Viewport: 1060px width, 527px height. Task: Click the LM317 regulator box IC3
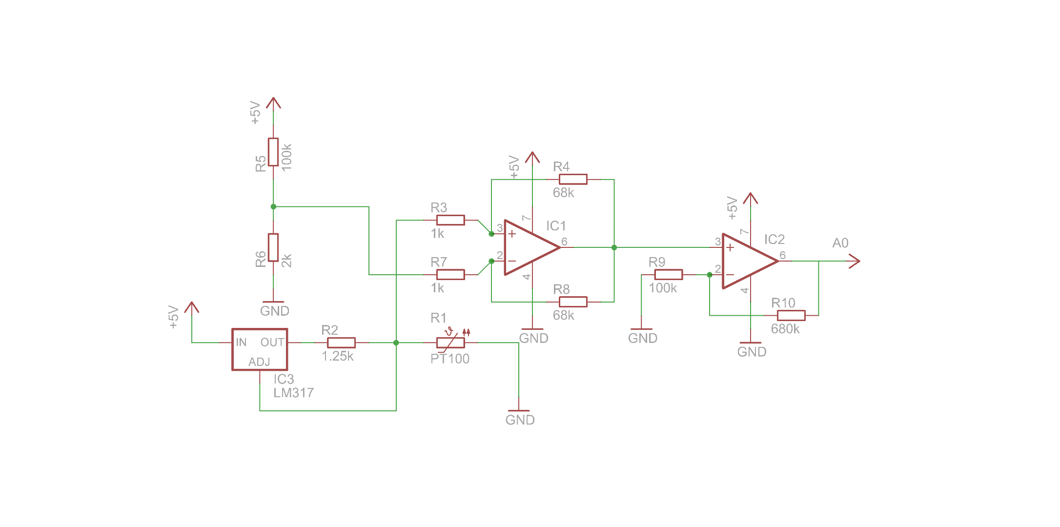click(259, 349)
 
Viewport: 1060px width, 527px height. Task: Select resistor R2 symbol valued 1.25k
click(341, 343)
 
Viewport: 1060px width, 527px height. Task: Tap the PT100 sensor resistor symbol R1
click(450, 343)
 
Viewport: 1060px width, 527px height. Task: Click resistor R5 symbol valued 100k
click(273, 152)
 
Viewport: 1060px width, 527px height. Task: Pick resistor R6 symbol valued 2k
click(273, 247)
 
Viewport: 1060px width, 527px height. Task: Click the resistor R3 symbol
click(450, 220)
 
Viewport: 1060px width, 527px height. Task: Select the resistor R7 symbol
click(450, 275)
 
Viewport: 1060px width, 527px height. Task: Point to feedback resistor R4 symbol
click(573, 179)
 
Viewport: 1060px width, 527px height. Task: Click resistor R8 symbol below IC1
click(573, 302)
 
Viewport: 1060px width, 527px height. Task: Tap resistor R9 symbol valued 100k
click(668, 275)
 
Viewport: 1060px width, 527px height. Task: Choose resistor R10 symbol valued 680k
click(791, 315)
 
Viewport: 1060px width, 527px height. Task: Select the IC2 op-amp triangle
click(746, 261)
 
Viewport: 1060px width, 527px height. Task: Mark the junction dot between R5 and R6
click(273, 207)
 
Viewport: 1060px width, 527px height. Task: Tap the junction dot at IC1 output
click(614, 247)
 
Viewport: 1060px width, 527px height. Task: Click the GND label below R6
click(274, 311)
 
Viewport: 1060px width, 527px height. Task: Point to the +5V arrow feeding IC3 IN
click(192, 308)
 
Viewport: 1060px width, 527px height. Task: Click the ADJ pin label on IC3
click(259, 362)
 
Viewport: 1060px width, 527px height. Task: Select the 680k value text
click(785, 329)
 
